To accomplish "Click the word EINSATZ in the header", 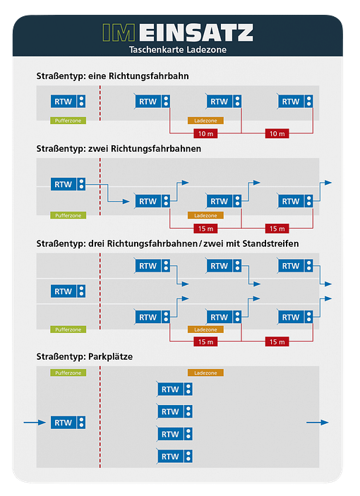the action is pyautogui.click(x=196, y=32).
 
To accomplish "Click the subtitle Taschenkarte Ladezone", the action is pyautogui.click(x=178, y=49).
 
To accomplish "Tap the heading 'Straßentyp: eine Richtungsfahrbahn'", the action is pyautogui.click(x=113, y=76).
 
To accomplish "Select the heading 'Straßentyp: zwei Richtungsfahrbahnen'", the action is pyautogui.click(x=119, y=149).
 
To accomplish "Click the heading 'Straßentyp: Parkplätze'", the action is pyautogui.click(x=85, y=356).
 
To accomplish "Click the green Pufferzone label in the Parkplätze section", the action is pyautogui.click(x=68, y=373).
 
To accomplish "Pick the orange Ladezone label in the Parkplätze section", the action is pyautogui.click(x=205, y=373).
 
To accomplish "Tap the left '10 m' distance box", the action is pyautogui.click(x=205, y=134).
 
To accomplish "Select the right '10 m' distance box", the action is pyautogui.click(x=277, y=134).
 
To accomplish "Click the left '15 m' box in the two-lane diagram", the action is pyautogui.click(x=205, y=229).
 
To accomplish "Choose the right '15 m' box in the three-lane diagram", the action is pyautogui.click(x=277, y=342).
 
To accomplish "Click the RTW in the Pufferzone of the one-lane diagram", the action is pyautogui.click(x=68, y=102).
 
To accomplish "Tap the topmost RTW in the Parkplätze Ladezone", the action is pyautogui.click(x=174, y=389).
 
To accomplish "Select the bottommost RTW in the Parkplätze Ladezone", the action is pyautogui.click(x=174, y=456).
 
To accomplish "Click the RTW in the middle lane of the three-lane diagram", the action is pyautogui.click(x=68, y=291).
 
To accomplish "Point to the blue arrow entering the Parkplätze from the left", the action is pyautogui.click(x=35, y=423).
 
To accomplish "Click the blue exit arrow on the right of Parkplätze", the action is pyautogui.click(x=318, y=423).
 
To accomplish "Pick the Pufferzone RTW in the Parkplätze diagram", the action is pyautogui.click(x=68, y=423).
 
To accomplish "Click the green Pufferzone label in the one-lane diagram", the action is pyautogui.click(x=68, y=121).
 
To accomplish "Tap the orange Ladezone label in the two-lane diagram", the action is pyautogui.click(x=205, y=215).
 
